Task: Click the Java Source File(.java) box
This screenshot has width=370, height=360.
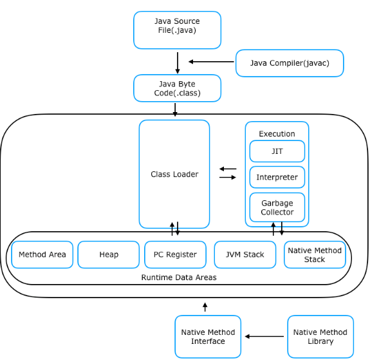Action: click(177, 30)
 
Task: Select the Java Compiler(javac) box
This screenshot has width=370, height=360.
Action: click(290, 63)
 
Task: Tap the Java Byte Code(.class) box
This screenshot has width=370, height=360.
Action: click(177, 88)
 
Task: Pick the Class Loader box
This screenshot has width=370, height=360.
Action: click(174, 174)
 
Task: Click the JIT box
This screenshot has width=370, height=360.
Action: click(277, 151)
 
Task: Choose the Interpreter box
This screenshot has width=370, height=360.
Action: click(277, 177)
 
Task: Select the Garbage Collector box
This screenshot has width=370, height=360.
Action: click(277, 207)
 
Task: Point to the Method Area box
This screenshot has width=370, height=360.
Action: click(42, 254)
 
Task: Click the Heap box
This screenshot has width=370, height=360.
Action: click(109, 254)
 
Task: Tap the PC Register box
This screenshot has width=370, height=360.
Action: click(175, 254)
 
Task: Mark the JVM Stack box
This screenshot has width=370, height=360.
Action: click(245, 254)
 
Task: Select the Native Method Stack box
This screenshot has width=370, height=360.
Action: click(315, 254)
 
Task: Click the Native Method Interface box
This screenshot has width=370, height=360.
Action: click(208, 337)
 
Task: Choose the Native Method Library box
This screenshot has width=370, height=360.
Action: click(320, 337)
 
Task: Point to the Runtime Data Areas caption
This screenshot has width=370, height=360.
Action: click(179, 278)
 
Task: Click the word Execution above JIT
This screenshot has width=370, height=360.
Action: click(277, 134)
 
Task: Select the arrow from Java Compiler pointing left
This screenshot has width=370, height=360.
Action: click(211, 62)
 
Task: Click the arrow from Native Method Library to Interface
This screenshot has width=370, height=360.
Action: click(264, 336)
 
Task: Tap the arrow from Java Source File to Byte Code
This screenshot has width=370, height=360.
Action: click(178, 63)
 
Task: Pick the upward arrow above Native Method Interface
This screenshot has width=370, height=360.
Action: click(205, 307)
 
